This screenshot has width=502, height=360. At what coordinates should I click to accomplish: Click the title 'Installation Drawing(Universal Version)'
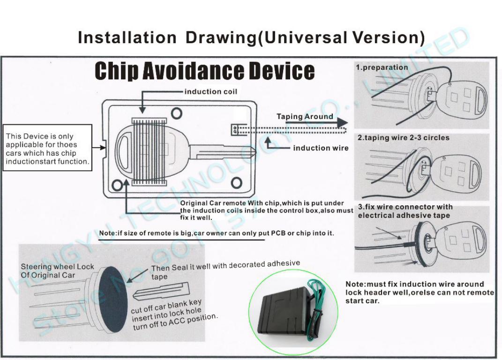251,37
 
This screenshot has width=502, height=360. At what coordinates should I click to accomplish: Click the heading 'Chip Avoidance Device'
204,71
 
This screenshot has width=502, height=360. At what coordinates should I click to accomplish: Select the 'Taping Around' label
305,116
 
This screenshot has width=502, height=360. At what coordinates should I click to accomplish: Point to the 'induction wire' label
321,148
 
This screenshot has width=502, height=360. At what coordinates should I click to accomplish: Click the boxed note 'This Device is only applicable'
47,149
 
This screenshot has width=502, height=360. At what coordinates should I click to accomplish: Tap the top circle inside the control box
176,113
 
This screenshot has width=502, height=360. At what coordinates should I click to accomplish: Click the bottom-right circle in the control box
237,182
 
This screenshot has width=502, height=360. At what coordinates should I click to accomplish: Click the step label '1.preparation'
382,67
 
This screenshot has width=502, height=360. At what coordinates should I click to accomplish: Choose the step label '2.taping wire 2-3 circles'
403,138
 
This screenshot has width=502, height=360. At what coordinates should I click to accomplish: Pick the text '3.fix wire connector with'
405,207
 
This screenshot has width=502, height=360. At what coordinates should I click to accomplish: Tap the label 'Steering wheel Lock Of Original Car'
57,270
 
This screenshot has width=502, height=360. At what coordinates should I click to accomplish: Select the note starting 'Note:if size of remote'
217,233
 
